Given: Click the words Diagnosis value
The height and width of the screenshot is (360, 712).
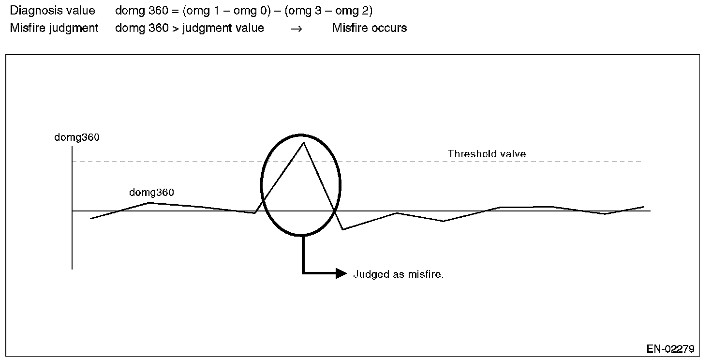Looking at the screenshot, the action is (x=53, y=11).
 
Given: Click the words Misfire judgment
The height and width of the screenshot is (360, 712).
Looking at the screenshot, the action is (x=54, y=28).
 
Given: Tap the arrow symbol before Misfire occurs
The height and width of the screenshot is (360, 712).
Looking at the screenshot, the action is (x=297, y=29).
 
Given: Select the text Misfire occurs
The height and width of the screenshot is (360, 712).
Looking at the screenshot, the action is (x=370, y=28).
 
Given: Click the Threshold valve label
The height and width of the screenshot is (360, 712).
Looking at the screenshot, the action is (x=487, y=154).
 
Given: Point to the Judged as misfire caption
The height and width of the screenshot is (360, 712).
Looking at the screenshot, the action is (x=399, y=274).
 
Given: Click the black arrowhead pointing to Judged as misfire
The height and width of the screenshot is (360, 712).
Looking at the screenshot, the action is (x=341, y=274).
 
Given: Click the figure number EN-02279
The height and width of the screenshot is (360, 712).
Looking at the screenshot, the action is (x=670, y=349).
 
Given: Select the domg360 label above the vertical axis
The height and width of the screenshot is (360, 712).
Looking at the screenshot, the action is (x=77, y=137).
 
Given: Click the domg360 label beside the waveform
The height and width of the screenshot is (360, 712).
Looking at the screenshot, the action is (x=151, y=193).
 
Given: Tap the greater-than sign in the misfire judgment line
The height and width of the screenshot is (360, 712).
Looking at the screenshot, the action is (x=175, y=28).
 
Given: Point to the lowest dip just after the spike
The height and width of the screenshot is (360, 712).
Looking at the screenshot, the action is (x=342, y=229).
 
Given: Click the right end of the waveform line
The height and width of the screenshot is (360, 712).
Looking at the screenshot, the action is (x=644, y=207).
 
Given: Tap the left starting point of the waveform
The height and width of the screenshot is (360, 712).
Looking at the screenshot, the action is (x=90, y=219).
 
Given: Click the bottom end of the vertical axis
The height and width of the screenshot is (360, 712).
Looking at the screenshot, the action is (x=72, y=269).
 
